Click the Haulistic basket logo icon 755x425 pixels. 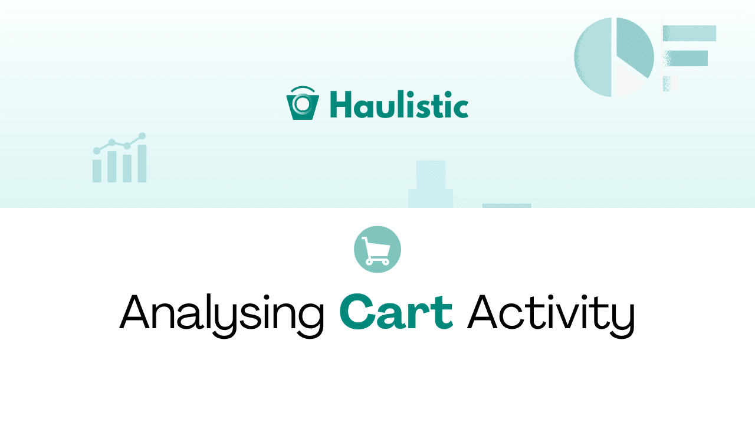pos(302,104)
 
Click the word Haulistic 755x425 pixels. pos(399,105)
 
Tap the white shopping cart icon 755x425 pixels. pos(377,250)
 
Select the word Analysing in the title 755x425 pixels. pos(222,312)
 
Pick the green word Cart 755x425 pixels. pos(396,312)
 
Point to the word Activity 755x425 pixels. pos(550,312)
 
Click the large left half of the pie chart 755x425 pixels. pos(593,57)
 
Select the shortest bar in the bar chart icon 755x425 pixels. pos(97,170)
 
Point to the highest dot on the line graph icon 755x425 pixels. pos(142,136)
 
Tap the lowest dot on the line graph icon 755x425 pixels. pos(97,151)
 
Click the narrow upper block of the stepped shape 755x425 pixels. pos(431,174)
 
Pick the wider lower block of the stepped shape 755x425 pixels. pos(431,198)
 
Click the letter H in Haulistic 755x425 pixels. pos(340,105)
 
